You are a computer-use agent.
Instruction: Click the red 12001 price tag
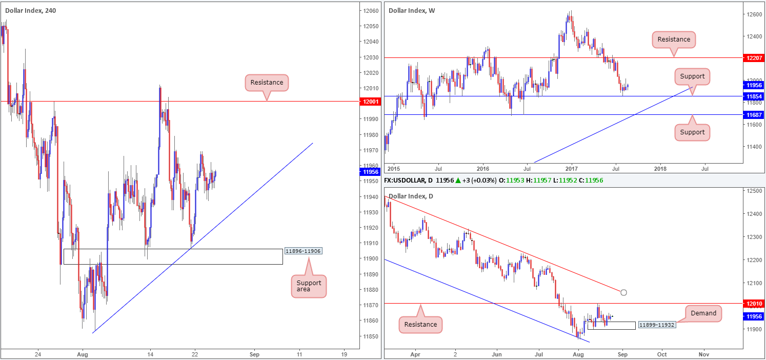[370, 102]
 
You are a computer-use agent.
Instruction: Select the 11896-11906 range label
[303, 251]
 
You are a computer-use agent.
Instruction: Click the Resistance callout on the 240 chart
[267, 82]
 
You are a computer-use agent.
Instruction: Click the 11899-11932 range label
[655, 326]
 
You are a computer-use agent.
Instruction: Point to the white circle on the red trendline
[623, 292]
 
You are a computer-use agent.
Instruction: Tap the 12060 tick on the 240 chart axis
[371, 11]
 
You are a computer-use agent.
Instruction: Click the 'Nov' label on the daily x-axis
[703, 354]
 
